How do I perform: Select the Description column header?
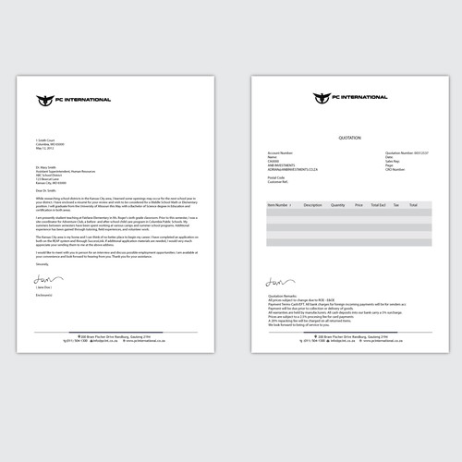click(x=312, y=204)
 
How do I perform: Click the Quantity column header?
click(x=338, y=204)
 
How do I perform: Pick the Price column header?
click(x=359, y=204)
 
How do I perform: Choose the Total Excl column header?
click(x=377, y=204)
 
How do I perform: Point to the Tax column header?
click(x=396, y=204)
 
